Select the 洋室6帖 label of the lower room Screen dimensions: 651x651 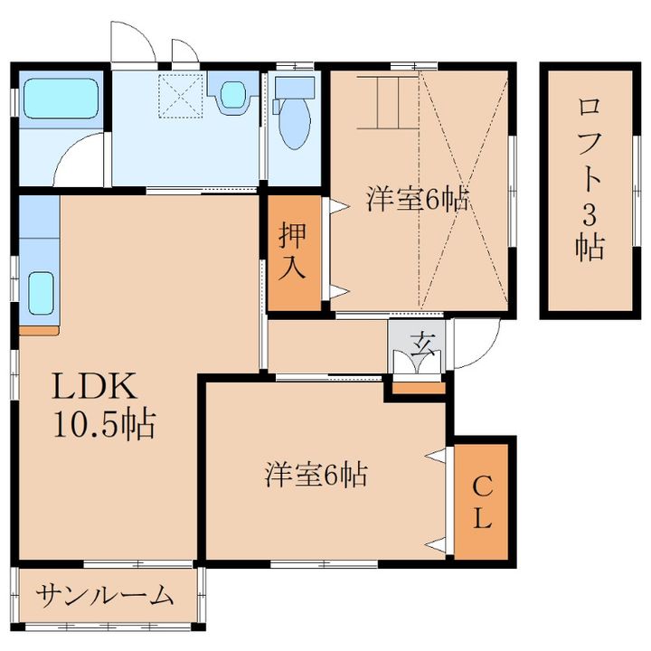(316, 475)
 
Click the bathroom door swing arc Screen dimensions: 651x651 (77, 158)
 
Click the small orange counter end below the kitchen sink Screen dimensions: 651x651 (38, 330)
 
